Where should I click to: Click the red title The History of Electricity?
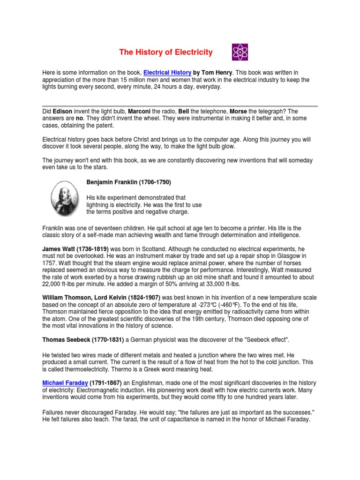(165, 52)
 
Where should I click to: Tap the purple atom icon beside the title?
(240, 52)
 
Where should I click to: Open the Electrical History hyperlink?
(167, 73)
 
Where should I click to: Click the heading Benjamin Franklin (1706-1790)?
(126, 182)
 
